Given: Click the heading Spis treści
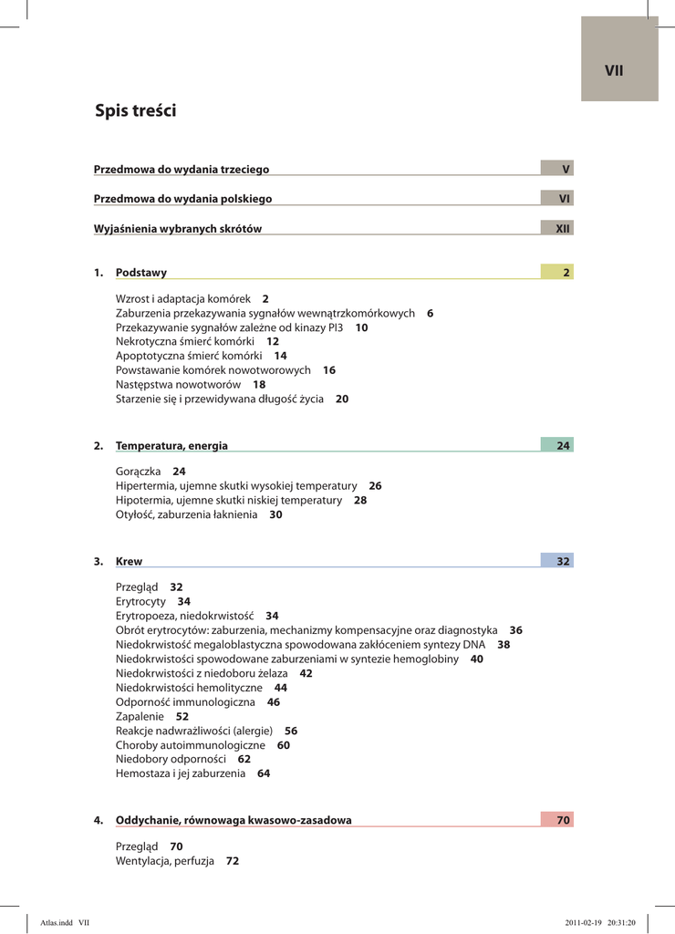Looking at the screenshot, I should pyautogui.click(x=136, y=111).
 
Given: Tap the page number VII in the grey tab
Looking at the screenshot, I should pyautogui.click(x=614, y=70).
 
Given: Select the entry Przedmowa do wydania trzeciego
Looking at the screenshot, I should pyautogui.click(x=182, y=170).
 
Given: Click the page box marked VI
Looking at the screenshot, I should pyautogui.click(x=556, y=199).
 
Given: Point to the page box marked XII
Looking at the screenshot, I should pyautogui.click(x=556, y=229).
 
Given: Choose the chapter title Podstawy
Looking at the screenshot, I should pyautogui.click(x=141, y=273).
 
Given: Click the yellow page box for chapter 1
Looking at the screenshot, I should pyautogui.click(x=556, y=273).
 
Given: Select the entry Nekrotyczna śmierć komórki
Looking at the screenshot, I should pyautogui.click(x=185, y=341).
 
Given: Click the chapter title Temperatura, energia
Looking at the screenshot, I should pyautogui.click(x=171, y=446).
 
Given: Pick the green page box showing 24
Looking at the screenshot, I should pyautogui.click(x=556, y=446).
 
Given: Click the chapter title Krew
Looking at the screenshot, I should pyautogui.click(x=129, y=562).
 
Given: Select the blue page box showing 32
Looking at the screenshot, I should pyautogui.click(x=556, y=562).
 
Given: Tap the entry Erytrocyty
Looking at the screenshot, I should pyautogui.click(x=141, y=602).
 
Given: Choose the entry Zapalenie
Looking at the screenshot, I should pyautogui.click(x=140, y=717).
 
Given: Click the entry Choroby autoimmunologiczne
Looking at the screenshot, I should pyautogui.click(x=191, y=745).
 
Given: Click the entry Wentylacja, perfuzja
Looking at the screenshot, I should pyautogui.click(x=165, y=861).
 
